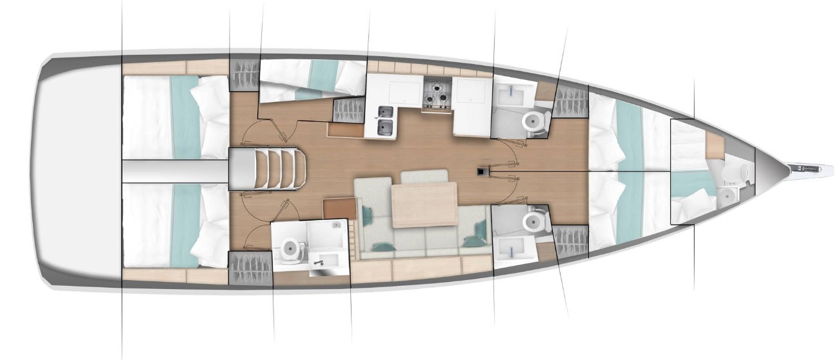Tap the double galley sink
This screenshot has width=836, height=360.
pos(385,119)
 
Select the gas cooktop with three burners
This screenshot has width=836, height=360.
pos(437,93)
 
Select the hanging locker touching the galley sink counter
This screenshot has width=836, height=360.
pos(348,110)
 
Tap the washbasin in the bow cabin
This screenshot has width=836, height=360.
pos(727,194)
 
